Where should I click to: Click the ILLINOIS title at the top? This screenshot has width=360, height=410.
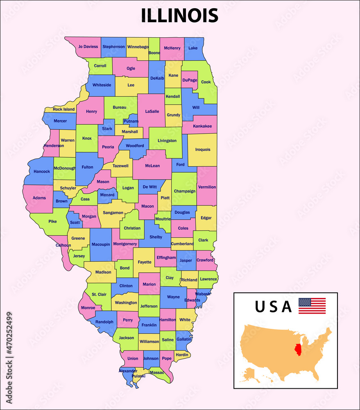coord(179,16)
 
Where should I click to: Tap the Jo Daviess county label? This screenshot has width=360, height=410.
coord(88,47)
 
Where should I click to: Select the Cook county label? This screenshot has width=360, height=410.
coord(206,82)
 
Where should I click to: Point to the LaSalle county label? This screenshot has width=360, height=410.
coord(152,111)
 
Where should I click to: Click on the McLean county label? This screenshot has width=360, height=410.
coord(152,166)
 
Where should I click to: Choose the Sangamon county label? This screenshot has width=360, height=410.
coord(113,213)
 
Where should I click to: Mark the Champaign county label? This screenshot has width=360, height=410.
coord(184,191)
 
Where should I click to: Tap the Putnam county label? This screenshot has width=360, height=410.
coord(131,121)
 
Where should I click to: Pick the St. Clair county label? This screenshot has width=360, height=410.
coord(99,294)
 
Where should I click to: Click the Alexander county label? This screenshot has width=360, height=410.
coord(128,371)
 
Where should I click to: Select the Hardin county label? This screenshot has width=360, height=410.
coord(182,355)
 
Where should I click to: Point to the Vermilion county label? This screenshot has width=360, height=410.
coord(207,187)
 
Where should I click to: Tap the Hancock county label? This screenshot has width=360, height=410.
coord(42,171)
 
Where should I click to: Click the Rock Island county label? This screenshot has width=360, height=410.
coord(64,109)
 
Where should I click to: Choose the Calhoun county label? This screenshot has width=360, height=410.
coord(63,245)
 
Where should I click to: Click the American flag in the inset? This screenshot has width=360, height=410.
coord(312,306)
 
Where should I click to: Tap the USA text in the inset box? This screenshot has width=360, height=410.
coord(273,307)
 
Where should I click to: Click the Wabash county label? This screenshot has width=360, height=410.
coord(203,294)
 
